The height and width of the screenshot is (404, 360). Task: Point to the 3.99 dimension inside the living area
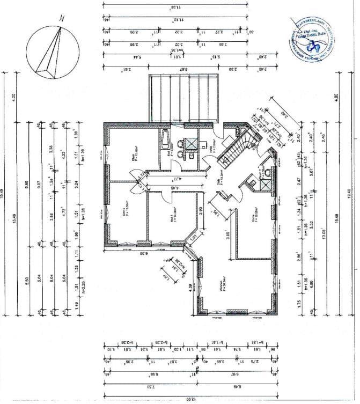point(227,234)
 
